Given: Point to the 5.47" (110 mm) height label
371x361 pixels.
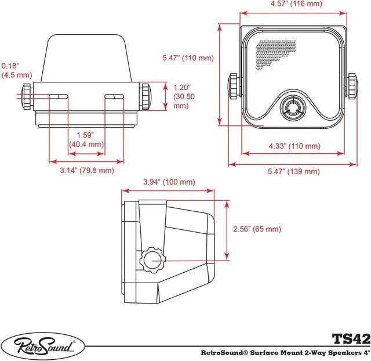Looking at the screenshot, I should (188, 58).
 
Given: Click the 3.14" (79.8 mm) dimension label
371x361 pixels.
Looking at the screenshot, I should (87, 171).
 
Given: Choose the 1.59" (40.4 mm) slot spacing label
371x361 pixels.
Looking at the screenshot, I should (86, 139).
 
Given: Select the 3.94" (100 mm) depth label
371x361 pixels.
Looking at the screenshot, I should (169, 182).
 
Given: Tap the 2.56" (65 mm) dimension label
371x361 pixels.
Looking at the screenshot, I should (256, 229).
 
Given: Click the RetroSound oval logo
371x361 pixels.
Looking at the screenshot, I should (43, 346).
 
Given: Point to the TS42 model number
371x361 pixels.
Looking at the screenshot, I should (349, 338).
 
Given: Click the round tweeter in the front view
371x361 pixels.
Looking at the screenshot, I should (292, 108).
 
